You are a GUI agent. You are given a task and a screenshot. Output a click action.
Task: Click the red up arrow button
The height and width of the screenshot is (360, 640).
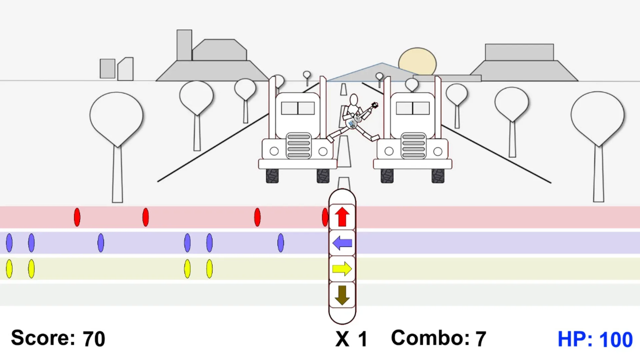pos(342,217)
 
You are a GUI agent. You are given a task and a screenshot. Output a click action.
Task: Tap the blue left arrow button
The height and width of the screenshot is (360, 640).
pos(342,243)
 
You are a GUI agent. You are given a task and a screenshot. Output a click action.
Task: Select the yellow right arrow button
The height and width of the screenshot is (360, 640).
pos(342,269)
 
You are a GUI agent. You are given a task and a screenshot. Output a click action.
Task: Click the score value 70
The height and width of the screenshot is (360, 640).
pos(94,339)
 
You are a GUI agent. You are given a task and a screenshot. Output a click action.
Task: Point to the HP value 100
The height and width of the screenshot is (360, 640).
pos(616,340)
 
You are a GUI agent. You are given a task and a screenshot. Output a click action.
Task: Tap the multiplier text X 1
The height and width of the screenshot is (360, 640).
pos(351,339)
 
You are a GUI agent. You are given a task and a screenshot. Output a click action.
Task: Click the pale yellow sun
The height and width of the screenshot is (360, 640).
pos(417,62)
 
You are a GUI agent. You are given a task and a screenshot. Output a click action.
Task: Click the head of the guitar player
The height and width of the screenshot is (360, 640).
pos(354,100)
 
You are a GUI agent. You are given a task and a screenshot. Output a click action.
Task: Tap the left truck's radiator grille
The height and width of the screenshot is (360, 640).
pos(299,146)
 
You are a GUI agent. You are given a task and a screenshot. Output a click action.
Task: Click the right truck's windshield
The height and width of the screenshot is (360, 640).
pos(413,108)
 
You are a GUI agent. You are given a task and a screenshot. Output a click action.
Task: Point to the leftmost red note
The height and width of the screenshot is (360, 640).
pos(77,217)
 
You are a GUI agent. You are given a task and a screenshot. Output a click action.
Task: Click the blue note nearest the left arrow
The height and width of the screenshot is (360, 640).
pos(281,243)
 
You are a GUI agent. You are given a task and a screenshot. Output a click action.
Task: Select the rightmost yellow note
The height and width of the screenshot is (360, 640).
pos(209,269)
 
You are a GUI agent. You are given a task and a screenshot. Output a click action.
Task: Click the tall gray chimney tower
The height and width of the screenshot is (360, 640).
pos(184,45)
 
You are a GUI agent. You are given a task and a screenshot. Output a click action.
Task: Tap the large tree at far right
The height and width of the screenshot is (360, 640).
pos(598,147)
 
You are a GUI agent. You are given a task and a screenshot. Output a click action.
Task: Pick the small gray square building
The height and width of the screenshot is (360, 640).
pos(107,69)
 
